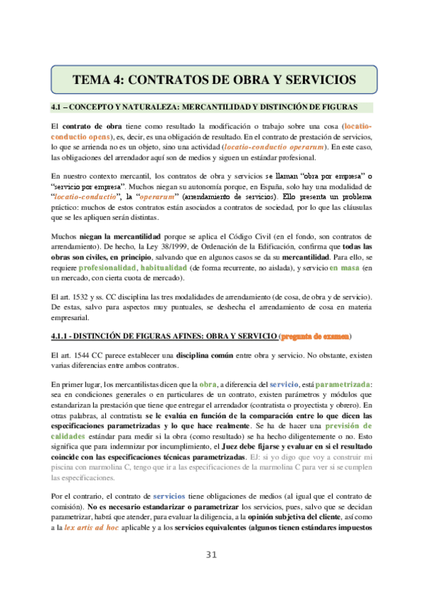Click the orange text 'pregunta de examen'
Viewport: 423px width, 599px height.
[315, 335]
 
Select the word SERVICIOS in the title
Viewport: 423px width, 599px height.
[314, 78]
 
